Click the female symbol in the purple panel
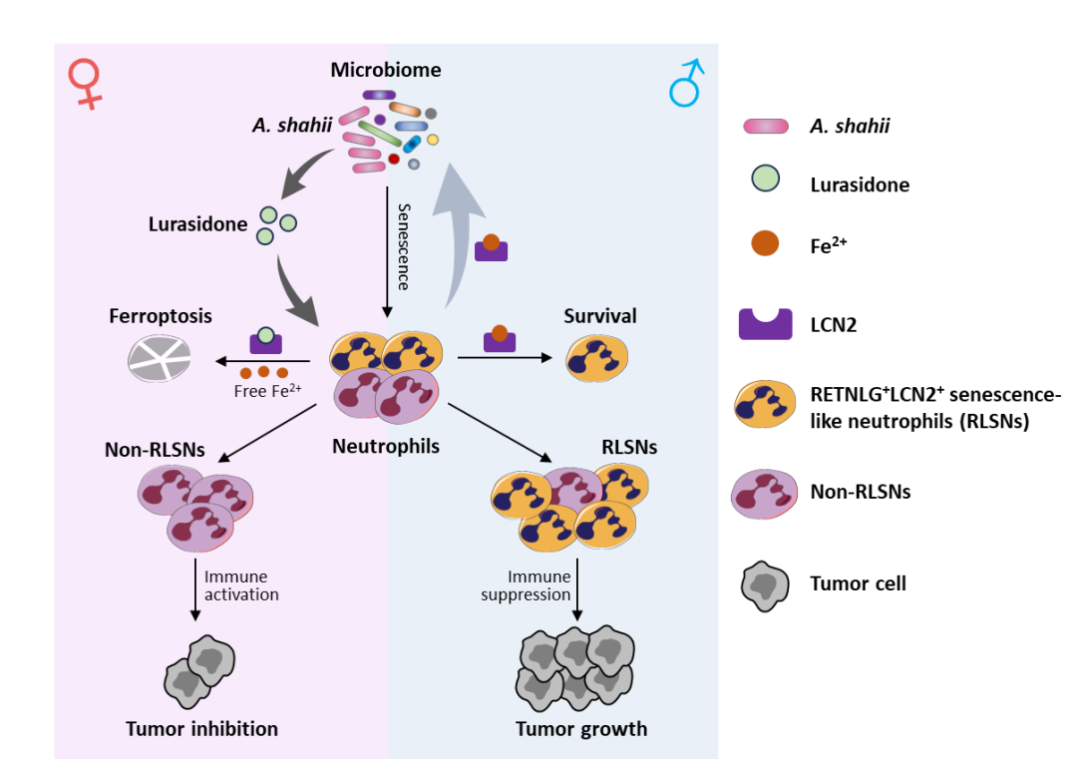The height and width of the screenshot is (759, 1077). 86,83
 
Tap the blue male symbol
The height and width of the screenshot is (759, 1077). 686,84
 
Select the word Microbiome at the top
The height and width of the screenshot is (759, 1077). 386,70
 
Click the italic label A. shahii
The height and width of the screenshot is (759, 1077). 291,125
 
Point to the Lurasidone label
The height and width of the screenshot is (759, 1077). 197,224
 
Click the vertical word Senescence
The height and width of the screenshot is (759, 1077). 404,246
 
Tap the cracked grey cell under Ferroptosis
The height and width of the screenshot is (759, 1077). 160,358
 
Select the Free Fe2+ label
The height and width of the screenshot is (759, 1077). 267,391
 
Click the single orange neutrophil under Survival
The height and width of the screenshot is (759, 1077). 597,359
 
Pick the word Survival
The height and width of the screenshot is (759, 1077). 599,316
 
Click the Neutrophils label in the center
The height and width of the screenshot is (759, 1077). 386,447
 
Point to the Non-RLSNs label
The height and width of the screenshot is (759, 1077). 155,450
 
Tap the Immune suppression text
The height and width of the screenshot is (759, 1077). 527,585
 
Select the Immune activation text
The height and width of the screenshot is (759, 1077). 241,585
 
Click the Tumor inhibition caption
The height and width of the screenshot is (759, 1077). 201,729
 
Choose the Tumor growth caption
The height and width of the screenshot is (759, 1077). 581,729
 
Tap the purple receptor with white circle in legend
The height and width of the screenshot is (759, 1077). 765,318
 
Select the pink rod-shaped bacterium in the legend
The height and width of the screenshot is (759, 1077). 766,126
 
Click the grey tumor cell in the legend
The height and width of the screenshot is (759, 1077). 765,585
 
